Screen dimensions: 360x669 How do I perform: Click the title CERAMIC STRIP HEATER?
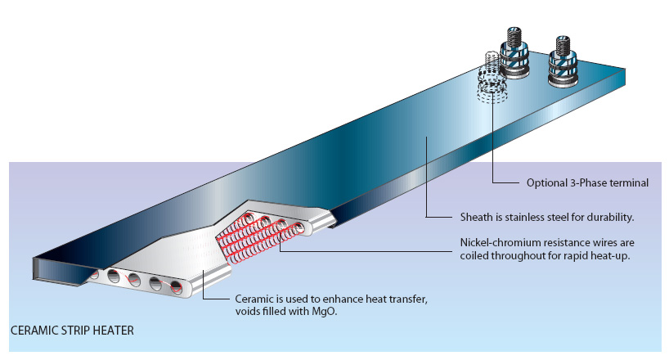[72, 331]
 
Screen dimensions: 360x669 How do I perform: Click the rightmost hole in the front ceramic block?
[176, 287]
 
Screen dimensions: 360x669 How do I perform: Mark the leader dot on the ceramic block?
[204, 272]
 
